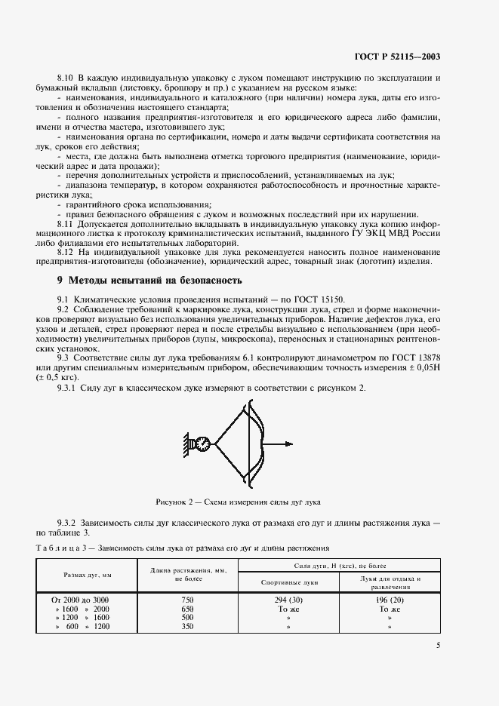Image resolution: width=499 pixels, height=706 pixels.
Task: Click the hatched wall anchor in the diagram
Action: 186,444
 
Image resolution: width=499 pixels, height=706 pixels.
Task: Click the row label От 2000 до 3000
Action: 81,598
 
